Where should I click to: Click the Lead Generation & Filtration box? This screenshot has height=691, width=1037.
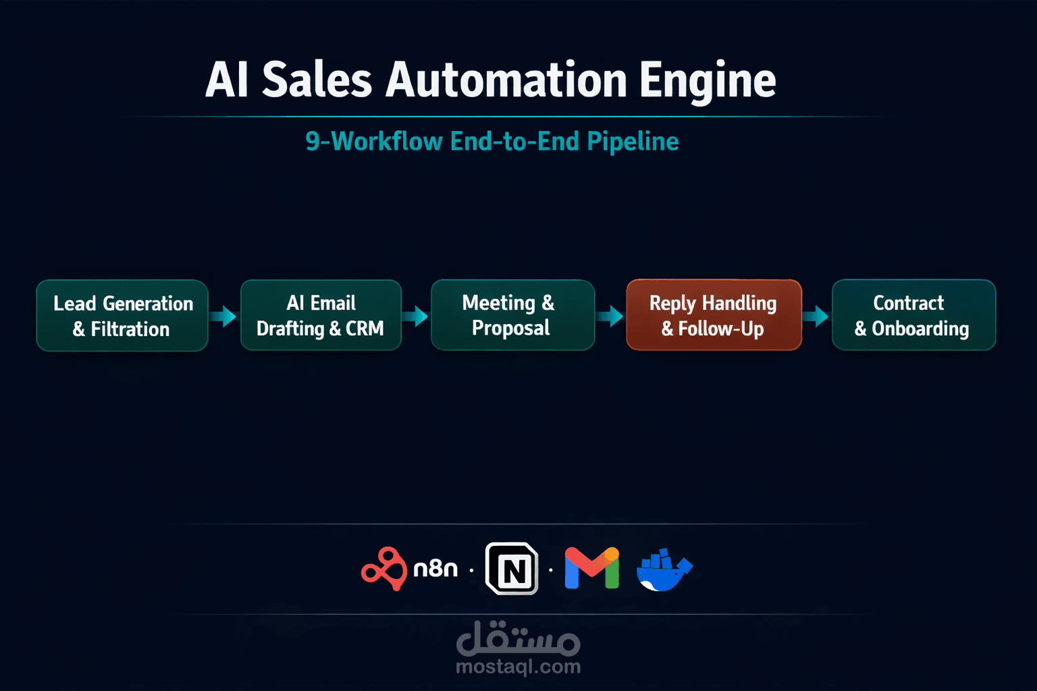click(122, 315)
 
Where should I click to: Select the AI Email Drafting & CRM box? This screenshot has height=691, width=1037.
click(321, 314)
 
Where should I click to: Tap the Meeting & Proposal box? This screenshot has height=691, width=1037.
click(513, 314)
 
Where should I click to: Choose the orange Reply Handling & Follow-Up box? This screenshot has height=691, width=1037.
click(714, 314)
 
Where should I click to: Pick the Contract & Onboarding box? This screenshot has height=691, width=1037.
click(914, 314)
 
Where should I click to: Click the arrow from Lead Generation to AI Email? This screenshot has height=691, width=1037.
click(223, 316)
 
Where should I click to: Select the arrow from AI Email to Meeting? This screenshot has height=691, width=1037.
click(415, 316)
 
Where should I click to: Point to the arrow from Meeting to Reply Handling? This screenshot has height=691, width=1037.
click(610, 316)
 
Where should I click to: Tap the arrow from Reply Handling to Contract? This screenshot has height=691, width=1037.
click(816, 316)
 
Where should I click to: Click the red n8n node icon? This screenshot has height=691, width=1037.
click(383, 569)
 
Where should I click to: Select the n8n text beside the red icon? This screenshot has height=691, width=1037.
click(435, 569)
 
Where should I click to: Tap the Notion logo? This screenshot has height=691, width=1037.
click(512, 568)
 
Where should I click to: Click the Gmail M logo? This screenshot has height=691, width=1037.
click(591, 568)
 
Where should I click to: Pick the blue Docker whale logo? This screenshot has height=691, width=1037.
click(664, 570)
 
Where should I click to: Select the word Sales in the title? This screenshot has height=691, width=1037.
click(317, 80)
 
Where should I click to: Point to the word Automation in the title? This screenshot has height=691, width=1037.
click(506, 80)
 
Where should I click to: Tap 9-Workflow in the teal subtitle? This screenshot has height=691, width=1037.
click(374, 141)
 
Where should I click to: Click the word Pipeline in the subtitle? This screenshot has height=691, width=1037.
click(633, 142)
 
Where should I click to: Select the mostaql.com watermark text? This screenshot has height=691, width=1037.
click(518, 667)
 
